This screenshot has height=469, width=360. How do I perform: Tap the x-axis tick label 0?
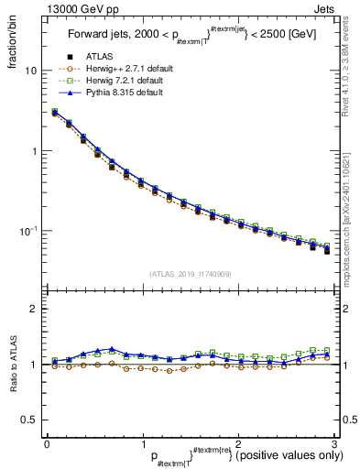[47, 443]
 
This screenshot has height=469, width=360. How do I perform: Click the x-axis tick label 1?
[142, 443]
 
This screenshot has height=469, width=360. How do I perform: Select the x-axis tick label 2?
[237, 443]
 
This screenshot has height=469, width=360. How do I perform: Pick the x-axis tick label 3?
[333, 443]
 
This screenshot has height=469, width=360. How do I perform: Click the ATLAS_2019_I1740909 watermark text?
[189, 274]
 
